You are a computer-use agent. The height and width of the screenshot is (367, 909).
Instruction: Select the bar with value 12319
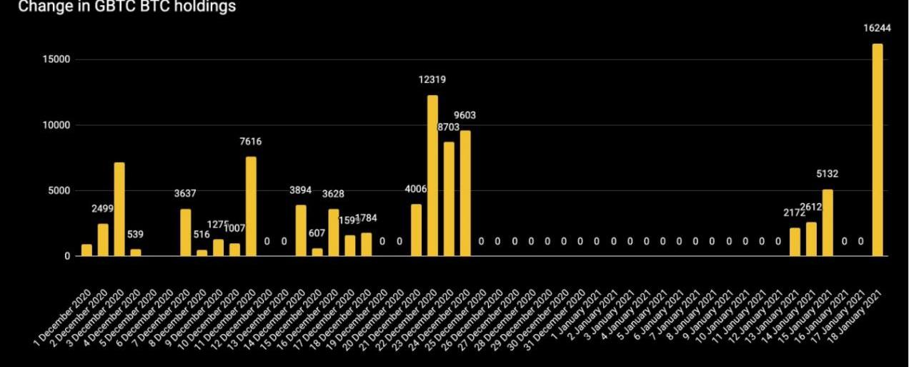[432, 175]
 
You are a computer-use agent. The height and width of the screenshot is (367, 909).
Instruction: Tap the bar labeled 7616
[251, 206]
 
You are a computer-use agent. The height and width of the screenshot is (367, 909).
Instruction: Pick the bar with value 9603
[465, 193]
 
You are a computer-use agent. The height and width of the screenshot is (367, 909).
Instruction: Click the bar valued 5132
[828, 222]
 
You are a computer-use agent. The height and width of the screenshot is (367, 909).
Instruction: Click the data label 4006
[416, 189]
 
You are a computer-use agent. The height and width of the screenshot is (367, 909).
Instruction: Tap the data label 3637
[185, 193]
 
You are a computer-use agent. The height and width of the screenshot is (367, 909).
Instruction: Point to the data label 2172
[795, 212]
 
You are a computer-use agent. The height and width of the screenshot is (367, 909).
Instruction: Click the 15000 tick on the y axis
[55, 60]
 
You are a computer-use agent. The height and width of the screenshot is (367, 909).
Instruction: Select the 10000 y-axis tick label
[55, 125]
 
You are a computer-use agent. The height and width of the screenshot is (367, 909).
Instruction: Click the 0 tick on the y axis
[66, 256]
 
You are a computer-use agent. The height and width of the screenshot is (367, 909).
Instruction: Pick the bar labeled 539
[136, 253]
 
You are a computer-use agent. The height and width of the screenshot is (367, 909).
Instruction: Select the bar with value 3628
[334, 233]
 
